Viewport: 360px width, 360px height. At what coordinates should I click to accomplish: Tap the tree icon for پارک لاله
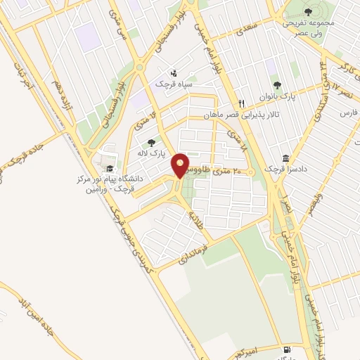pos(151,143)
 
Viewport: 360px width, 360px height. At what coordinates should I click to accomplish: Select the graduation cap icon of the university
pos(109,169)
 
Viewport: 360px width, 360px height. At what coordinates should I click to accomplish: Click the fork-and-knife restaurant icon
pos(240,102)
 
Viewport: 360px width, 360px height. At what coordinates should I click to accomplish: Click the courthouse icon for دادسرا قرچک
pos(285,158)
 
